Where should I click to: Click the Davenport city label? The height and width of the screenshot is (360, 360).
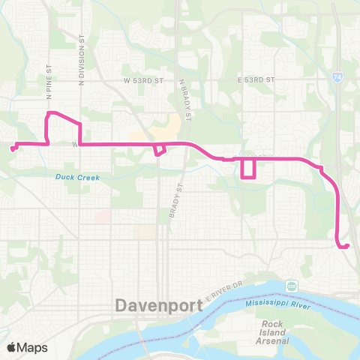click(161, 306)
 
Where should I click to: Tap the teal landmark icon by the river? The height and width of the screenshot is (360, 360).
click(291, 286)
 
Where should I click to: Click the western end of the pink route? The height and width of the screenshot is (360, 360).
click(13, 148)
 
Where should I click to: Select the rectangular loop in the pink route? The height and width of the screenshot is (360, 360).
click(247, 169)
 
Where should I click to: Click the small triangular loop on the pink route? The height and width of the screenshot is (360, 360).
click(159, 149)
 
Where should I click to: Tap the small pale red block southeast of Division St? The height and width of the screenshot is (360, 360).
click(101, 216)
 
